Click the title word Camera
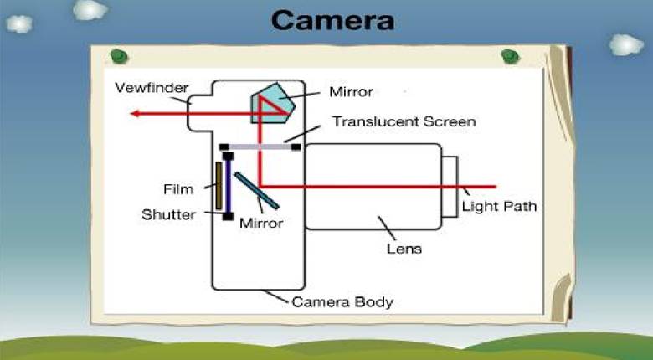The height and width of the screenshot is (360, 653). point(333,19)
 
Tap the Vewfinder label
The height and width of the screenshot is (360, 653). point(152,88)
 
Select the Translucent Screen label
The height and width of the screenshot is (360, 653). point(404,121)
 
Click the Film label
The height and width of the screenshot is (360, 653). point(178,188)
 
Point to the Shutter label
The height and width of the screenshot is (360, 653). point(168,214)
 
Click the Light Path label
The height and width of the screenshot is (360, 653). point(499,206)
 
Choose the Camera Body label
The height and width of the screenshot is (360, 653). point(342,301)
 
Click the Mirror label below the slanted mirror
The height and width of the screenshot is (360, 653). point(260,224)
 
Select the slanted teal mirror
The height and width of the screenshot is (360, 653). point(256,191)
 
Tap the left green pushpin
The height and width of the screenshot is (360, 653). point(119,57)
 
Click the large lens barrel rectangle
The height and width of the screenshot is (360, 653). point(373,186)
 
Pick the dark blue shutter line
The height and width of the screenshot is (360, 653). point(227,185)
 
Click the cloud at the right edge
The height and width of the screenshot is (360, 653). point(626,44)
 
